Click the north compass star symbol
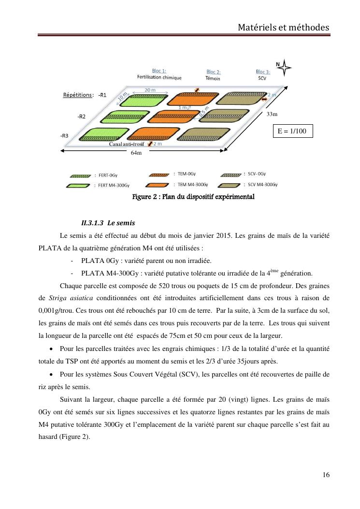tap(284, 69)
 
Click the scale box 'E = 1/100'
tap(292, 131)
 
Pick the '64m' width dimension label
tap(136, 153)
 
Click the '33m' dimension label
tap(272, 114)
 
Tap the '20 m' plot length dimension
tap(150, 90)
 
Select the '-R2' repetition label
tap(82, 116)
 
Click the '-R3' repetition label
tap(64, 136)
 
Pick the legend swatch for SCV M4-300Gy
tap(230, 185)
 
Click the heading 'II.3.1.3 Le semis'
tap(108, 223)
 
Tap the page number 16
tap(326, 475)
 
